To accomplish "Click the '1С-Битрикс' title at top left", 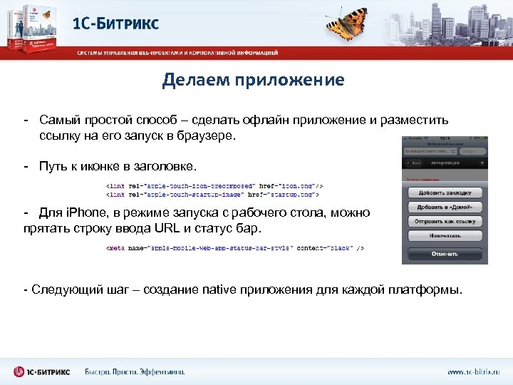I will pyautogui.click(x=116, y=23).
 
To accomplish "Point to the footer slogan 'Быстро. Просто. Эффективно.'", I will pyautogui.click(x=135, y=372).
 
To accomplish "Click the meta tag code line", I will pyautogui.click(x=235, y=248).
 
